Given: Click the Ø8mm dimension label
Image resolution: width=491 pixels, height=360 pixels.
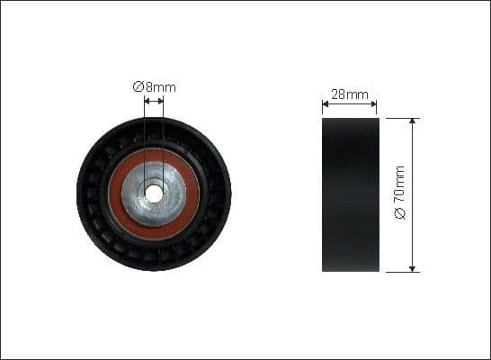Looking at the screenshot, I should coord(155,86).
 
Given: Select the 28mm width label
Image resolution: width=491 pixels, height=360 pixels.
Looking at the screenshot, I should coord(350,93).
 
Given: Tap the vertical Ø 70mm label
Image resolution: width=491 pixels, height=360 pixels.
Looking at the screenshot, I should coord(400,193).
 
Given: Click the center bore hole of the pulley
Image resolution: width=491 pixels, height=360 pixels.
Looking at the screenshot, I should coord(154,193).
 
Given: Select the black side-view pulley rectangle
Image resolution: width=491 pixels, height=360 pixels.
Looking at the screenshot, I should coord(350,193).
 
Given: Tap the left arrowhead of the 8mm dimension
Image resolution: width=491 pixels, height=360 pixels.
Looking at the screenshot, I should coord(147,101).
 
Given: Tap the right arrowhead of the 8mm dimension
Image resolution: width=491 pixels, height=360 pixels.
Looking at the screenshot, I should coord(161,101).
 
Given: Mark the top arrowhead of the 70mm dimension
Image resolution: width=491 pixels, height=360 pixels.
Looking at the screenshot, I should coord(413,121).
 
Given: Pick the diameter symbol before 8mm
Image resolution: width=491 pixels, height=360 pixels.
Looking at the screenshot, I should coord(138,86).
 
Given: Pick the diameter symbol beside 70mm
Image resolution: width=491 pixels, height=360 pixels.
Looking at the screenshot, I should coord(400,214).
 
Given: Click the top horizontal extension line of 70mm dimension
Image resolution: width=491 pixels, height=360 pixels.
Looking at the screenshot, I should coord(400,117).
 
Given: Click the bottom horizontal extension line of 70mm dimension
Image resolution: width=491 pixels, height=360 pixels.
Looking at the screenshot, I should coord(400,271).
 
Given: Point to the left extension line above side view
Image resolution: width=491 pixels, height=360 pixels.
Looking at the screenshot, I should coord(322,108).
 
